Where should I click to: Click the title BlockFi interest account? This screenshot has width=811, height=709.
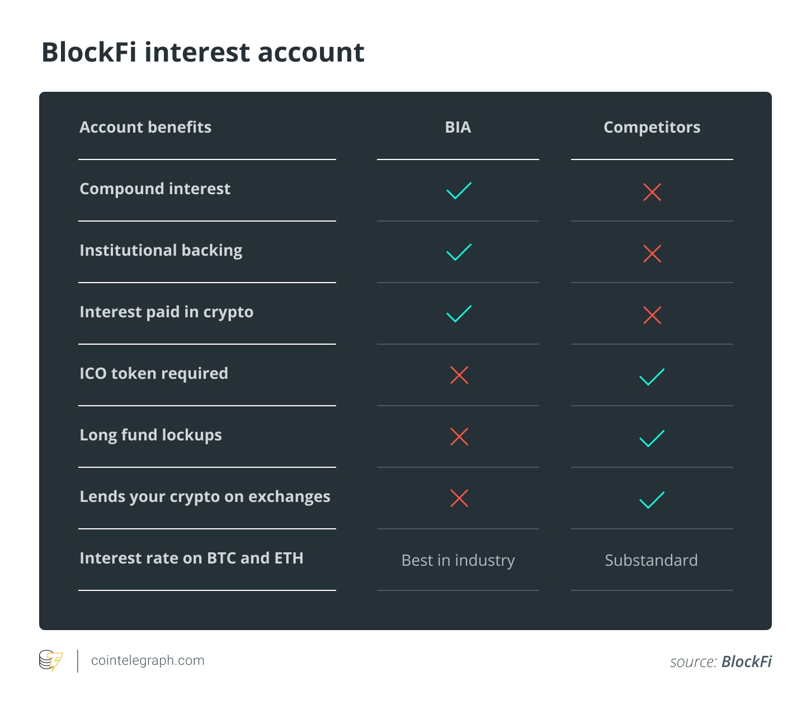pos(203,53)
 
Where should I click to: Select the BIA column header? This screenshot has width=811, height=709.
pos(458,128)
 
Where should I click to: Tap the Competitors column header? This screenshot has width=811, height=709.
pos(652,128)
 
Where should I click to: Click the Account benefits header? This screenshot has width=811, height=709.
pos(145,128)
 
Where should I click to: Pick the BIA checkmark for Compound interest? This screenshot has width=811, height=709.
pos(459,191)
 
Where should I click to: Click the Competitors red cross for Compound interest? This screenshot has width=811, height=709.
pos(652,192)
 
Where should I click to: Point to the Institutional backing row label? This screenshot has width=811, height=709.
pos(161,251)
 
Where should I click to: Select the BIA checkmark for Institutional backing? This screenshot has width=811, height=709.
pos(459,252)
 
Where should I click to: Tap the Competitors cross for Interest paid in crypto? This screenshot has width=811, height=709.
pos(652,315)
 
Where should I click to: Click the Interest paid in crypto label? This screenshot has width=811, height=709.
pos(167,312)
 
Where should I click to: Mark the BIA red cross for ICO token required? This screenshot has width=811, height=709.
pos(459,375)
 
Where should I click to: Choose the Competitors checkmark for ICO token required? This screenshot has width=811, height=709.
pos(652,377)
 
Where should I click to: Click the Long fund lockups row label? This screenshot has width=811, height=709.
pos(151,435)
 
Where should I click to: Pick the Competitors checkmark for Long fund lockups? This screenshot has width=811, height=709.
pos(652,439)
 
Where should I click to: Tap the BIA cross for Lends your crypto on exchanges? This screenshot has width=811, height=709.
pos(459,498)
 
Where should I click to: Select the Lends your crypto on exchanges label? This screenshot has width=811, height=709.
pos(205,497)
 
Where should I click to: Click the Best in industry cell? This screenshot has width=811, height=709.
pos(458,560)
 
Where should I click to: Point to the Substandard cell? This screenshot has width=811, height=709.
pos(651,560)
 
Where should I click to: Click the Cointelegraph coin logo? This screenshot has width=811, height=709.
pos(51,661)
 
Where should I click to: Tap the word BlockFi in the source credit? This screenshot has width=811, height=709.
pos(746,661)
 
